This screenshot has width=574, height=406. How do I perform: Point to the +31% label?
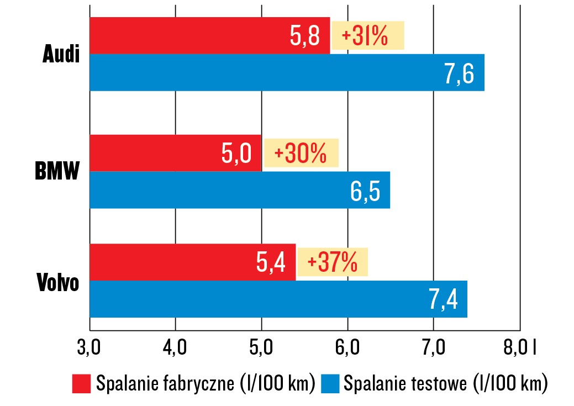367,36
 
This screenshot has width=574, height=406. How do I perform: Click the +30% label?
301,153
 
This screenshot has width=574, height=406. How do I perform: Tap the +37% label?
333,262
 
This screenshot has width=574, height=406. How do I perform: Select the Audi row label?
61,55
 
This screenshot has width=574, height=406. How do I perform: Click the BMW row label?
57,172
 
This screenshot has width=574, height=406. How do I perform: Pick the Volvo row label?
59,282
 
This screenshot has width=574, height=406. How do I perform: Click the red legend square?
81,383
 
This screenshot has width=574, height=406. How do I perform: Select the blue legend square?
329,383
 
